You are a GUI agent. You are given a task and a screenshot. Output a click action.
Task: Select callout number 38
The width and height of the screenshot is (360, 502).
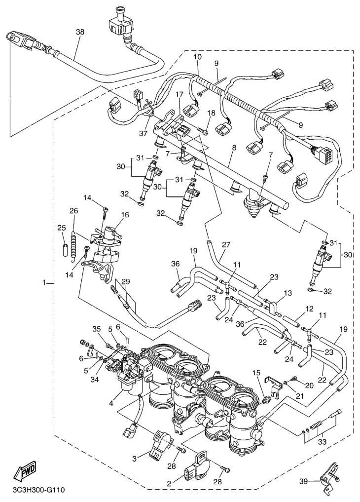click(79, 32)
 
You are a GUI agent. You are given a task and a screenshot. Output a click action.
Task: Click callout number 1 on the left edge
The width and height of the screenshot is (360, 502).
click(44, 283)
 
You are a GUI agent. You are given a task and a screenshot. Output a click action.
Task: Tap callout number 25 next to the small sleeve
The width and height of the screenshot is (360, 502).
click(62, 228)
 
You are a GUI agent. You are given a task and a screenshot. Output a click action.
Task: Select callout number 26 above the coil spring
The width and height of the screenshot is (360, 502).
click(74, 211)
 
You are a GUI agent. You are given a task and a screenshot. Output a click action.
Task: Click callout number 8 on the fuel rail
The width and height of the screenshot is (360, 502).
click(233, 147)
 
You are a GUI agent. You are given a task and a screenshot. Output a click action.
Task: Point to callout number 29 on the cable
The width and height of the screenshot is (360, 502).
click(125, 282)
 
